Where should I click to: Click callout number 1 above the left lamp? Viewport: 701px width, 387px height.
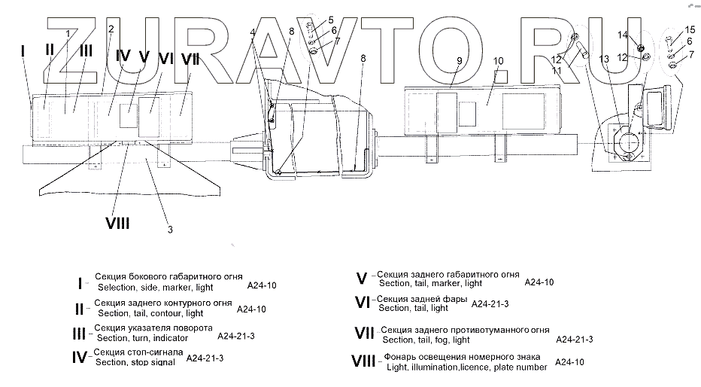click(x=68, y=33)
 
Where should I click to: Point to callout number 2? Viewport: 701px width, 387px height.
click(x=111, y=29)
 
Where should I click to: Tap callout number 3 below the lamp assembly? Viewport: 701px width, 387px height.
click(x=170, y=230)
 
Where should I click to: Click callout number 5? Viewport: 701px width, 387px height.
click(x=330, y=19)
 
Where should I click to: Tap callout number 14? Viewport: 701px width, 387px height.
click(x=622, y=35)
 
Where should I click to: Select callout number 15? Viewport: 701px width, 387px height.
click(x=691, y=29)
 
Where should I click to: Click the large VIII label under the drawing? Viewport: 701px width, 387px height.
click(x=117, y=223)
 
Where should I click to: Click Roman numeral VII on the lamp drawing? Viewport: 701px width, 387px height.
click(x=191, y=57)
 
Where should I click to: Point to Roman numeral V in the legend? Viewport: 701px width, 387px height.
click(x=361, y=279)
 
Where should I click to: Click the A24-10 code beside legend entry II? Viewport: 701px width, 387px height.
click(x=251, y=309)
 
